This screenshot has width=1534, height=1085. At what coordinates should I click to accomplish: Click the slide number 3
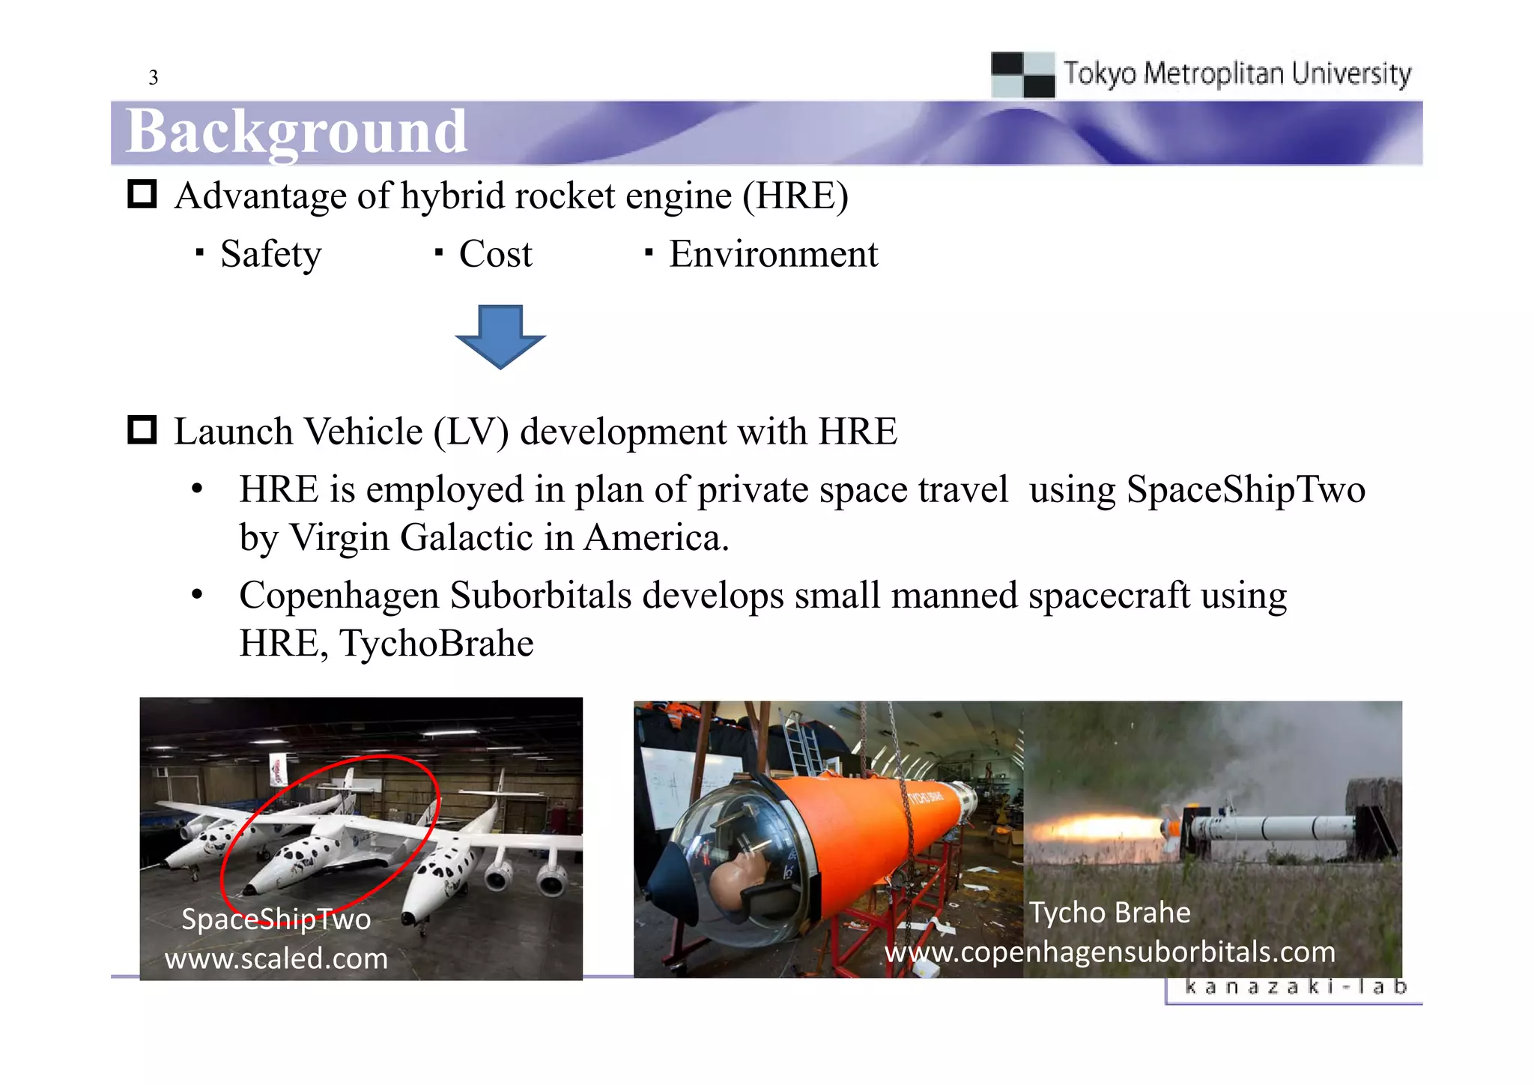pyautogui.click(x=154, y=77)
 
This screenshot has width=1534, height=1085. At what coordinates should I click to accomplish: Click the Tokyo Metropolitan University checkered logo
pyautogui.click(x=1022, y=74)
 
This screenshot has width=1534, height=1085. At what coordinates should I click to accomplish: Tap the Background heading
pyautogui.click(x=297, y=132)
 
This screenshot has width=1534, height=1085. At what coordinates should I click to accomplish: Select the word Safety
pyautogui.click(x=270, y=254)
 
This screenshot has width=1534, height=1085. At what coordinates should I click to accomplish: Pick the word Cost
pyautogui.click(x=495, y=254)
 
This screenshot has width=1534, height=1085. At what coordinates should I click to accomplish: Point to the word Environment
pyautogui.click(x=773, y=254)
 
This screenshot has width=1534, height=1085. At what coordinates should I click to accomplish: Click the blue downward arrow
pyautogui.click(x=500, y=336)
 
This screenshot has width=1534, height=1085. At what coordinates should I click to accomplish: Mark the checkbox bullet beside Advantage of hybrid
pyautogui.click(x=142, y=194)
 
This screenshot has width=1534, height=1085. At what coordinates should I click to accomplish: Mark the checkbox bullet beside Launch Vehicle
pyautogui.click(x=142, y=430)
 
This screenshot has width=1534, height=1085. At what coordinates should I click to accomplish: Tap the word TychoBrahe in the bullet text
pyautogui.click(x=437, y=644)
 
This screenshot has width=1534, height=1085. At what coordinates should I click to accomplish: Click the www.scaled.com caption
pyautogui.click(x=276, y=958)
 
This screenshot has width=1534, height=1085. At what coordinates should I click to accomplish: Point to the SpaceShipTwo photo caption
pyautogui.click(x=276, y=919)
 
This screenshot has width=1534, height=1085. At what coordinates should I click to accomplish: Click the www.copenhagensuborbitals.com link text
pyautogui.click(x=1110, y=952)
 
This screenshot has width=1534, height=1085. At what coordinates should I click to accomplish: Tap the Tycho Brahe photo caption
pyautogui.click(x=1109, y=913)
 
